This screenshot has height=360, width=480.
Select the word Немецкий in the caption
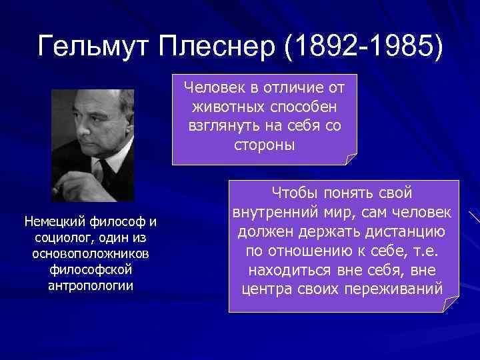(53, 221)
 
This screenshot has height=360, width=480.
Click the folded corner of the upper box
(351, 159)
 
